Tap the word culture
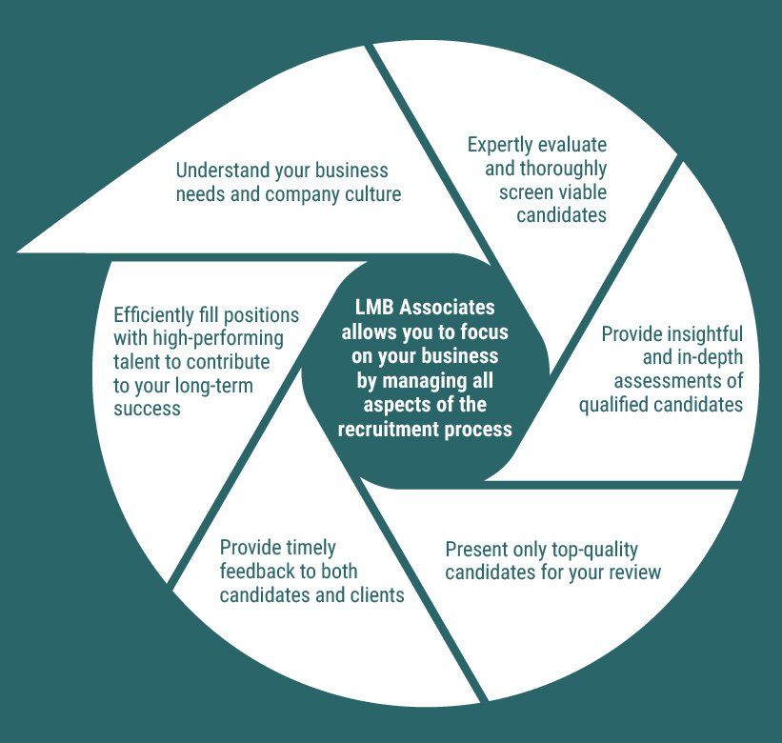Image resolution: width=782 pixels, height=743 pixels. tap(368, 194)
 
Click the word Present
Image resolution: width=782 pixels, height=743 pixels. tap(477, 550)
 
